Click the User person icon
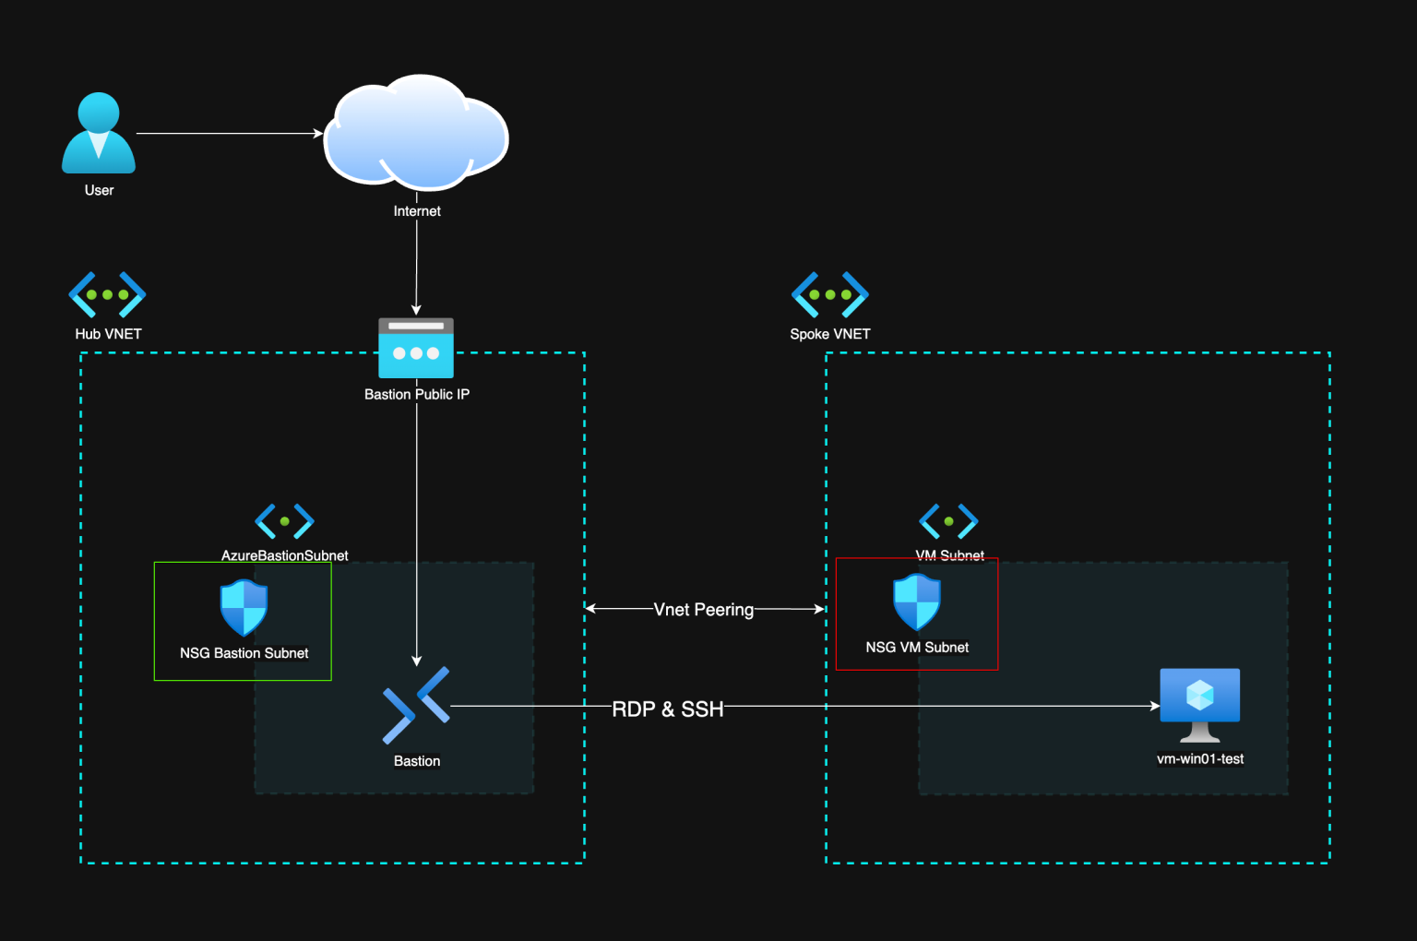coord(99,134)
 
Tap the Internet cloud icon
coord(416,132)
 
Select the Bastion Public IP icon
coord(416,348)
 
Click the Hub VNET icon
coord(107,294)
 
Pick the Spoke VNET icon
coord(829,294)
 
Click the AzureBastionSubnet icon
coord(284,521)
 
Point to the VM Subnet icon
coord(948,521)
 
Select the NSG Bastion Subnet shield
coord(244,608)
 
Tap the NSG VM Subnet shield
coord(917,602)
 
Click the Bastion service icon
coord(416,706)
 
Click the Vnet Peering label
coord(703,610)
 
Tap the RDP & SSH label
coord(668,709)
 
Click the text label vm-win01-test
coord(1199,759)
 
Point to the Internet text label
coord(417,211)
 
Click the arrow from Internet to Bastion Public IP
coord(416,268)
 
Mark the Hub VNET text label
coord(108,334)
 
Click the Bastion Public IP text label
coord(417,394)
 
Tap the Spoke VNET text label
coord(829,334)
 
